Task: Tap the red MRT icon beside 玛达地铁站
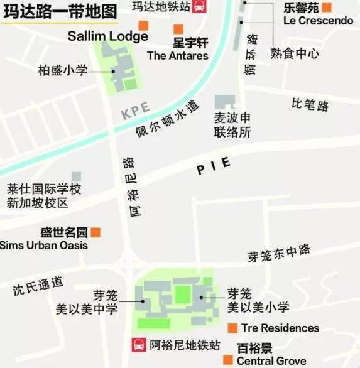(x=199, y=7)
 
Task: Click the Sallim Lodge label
(x=107, y=36)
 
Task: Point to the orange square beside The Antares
(x=178, y=29)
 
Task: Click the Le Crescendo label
(x=318, y=21)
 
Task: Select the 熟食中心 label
(x=295, y=53)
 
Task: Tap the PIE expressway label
(x=213, y=166)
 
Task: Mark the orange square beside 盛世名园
(x=95, y=232)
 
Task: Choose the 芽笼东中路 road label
(x=278, y=254)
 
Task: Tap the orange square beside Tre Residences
(x=232, y=328)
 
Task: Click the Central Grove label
(x=271, y=361)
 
